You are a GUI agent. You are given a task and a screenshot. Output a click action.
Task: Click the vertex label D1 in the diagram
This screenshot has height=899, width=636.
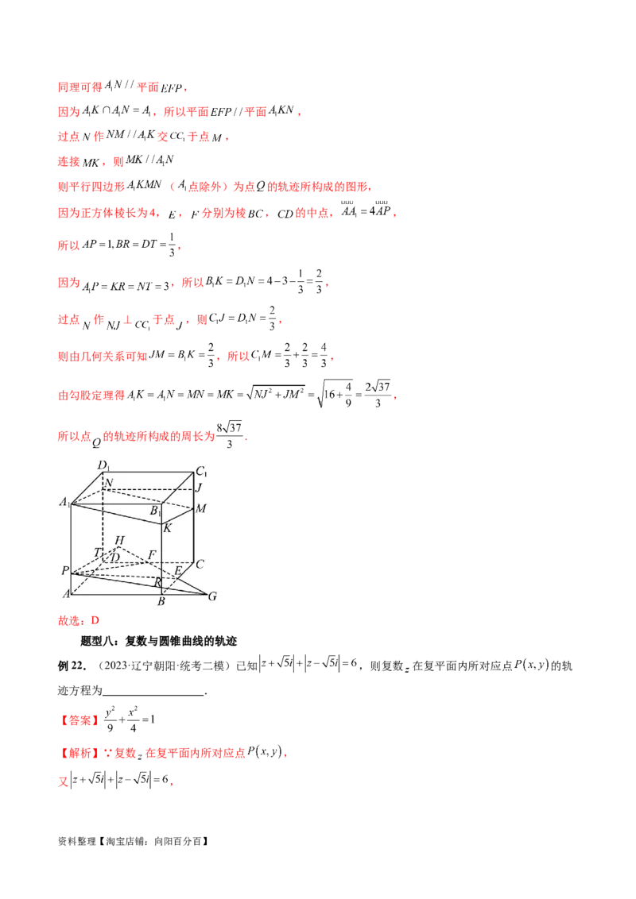[x=103, y=465]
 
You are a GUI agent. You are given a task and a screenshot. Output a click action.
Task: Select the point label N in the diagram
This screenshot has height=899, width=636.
[x=109, y=483]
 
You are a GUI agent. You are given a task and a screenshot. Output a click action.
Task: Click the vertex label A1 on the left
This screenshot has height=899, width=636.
[x=62, y=501]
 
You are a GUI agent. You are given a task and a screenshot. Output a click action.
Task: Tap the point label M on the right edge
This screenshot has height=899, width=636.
[x=201, y=508]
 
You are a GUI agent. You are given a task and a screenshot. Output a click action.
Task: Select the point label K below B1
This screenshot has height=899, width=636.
[x=168, y=527]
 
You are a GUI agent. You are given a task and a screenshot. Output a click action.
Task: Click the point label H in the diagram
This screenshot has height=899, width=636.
[x=119, y=541]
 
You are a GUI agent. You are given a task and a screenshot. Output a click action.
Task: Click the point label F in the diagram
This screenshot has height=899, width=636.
[x=151, y=554]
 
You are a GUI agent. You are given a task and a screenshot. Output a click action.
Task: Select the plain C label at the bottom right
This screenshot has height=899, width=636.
[x=200, y=565]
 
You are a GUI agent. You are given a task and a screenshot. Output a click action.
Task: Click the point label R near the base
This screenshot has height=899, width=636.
[x=158, y=582]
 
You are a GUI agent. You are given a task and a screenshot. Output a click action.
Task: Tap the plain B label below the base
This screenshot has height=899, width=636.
[x=161, y=602]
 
